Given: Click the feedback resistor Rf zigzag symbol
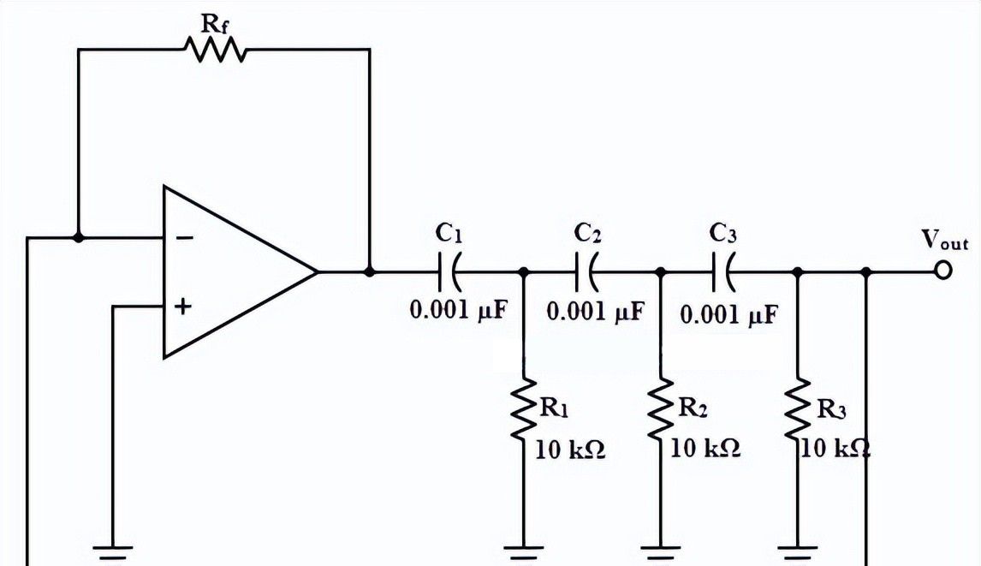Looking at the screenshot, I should click(x=215, y=50).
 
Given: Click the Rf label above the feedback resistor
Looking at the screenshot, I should click(x=215, y=21).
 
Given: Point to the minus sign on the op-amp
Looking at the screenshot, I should click(x=183, y=238).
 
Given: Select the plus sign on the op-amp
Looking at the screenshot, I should click(x=182, y=306).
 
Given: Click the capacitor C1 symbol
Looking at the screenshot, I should click(x=449, y=272).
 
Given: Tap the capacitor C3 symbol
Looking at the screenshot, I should click(x=723, y=272).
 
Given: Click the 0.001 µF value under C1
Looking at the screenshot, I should click(x=460, y=310).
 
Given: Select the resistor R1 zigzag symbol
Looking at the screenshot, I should click(x=523, y=410).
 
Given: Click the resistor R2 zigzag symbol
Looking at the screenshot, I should click(x=660, y=410).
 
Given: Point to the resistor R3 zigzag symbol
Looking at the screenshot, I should click(x=797, y=410).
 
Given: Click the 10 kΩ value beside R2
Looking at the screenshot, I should click(x=705, y=448).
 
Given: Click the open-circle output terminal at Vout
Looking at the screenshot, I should click(x=943, y=271).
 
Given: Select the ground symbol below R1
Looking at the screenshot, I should click(x=523, y=551).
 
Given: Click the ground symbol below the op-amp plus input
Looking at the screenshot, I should click(x=113, y=551).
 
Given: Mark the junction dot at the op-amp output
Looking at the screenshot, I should click(x=370, y=271).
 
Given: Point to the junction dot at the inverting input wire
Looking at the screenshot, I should click(x=79, y=237).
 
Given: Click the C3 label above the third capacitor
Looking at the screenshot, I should click(x=723, y=232).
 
